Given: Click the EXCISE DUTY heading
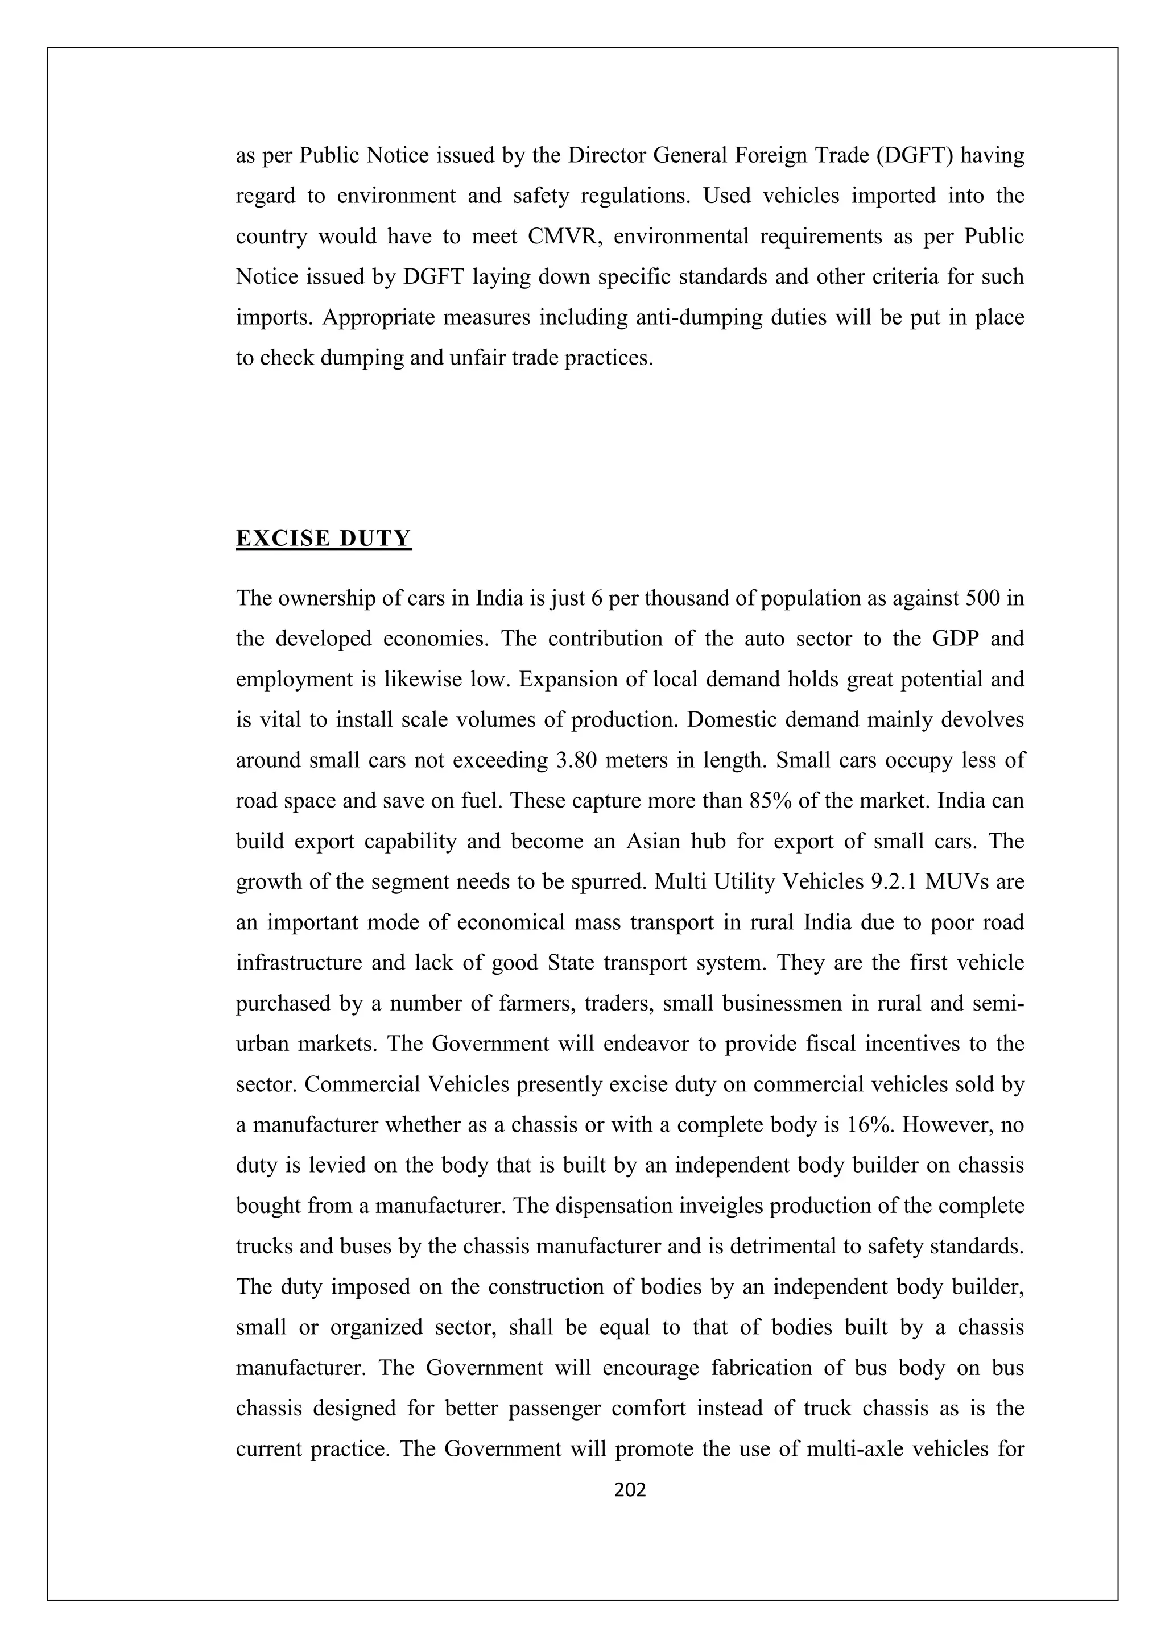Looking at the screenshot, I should [x=324, y=539].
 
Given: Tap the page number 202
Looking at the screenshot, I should [x=631, y=1490].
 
